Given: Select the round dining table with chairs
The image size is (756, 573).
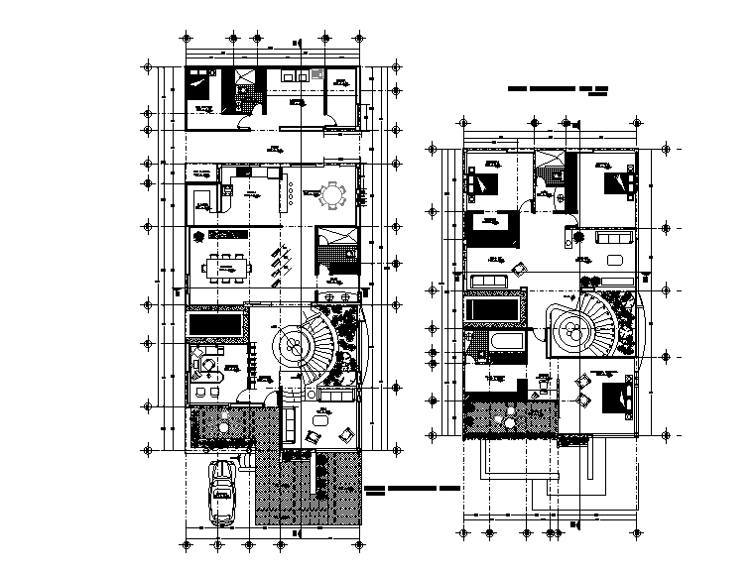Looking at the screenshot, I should point(331,194).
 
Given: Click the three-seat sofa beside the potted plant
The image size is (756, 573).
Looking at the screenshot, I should point(610,239).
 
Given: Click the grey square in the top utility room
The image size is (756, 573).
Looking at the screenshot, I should point(316,74).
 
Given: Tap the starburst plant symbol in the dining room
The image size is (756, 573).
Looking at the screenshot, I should point(199,236).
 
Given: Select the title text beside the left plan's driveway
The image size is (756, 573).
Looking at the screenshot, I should point(411,490).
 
